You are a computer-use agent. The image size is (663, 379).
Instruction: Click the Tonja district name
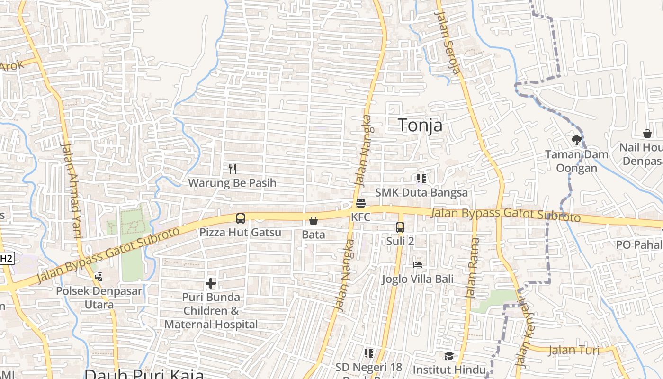(420, 125)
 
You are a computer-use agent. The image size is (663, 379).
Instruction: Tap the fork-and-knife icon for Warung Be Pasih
(232, 169)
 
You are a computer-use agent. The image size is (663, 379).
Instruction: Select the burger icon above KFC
(360, 204)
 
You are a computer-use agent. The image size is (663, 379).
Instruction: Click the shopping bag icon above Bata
(313, 221)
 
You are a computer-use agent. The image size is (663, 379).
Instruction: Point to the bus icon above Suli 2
(400, 227)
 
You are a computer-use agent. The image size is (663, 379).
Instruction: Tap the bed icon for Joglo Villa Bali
(417, 264)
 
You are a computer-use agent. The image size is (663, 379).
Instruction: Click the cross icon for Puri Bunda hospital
(211, 284)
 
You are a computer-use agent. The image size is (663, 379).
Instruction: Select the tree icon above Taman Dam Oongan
(576, 140)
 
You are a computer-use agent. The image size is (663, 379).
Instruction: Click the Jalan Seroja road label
(448, 43)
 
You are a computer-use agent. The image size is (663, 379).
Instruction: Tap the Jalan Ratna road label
(473, 268)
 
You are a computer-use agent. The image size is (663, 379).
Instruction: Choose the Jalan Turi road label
(573, 351)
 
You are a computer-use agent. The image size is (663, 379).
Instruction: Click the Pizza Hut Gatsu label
(240, 233)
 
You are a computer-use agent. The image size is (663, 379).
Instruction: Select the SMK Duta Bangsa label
(421, 192)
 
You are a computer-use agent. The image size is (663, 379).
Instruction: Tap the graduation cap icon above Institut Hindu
(448, 356)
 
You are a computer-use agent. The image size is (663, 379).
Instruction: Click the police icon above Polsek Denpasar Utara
(99, 277)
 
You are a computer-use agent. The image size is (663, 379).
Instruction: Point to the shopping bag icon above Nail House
(647, 134)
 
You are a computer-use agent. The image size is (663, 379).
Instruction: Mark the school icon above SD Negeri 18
(369, 353)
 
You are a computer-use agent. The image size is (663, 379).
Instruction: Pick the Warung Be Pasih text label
(232, 183)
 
